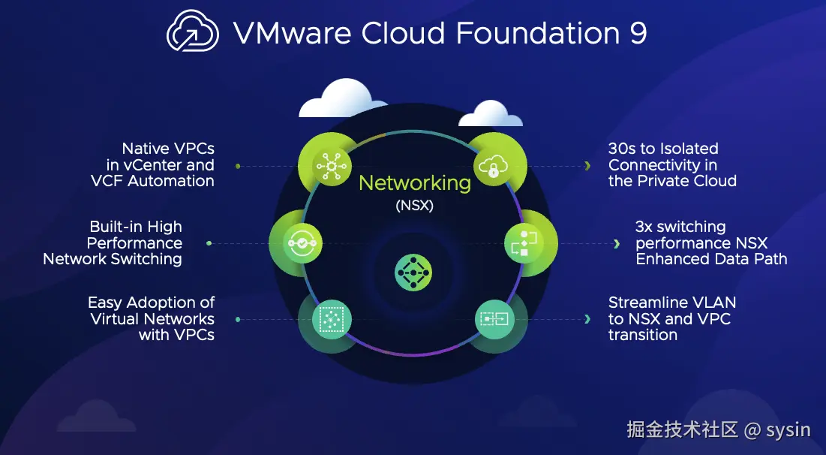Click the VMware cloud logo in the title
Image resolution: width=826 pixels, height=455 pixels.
[x=193, y=33]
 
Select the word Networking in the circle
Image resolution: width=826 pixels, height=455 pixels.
[x=414, y=182]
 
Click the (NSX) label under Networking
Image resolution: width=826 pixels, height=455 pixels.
[x=414, y=206]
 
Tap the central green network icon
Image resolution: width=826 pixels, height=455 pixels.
[x=413, y=271]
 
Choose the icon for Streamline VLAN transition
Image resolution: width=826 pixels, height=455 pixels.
[x=493, y=319]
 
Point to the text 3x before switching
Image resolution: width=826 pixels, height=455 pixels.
[x=644, y=227]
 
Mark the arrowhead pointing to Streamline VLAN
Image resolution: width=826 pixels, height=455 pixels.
[x=587, y=319]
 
